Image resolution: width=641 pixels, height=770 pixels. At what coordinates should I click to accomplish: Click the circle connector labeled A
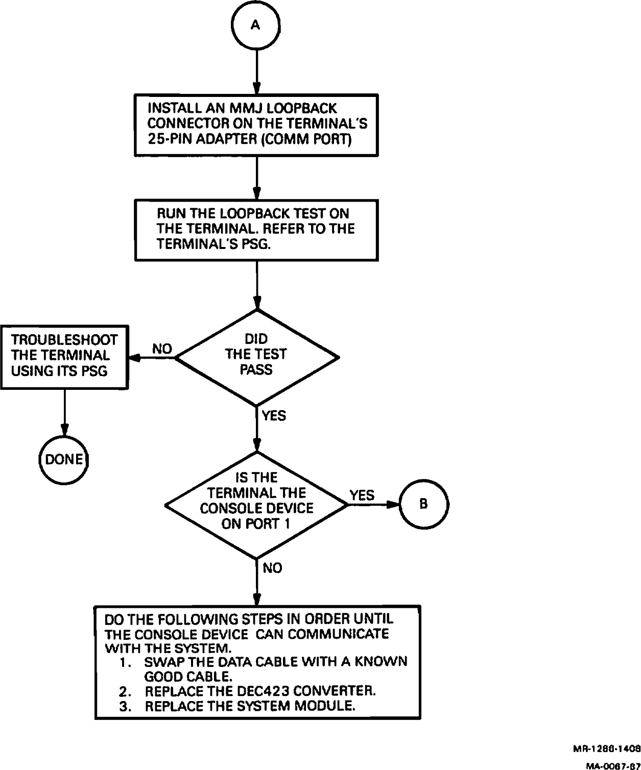tap(256, 26)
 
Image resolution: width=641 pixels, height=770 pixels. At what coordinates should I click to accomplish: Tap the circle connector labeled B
tap(423, 504)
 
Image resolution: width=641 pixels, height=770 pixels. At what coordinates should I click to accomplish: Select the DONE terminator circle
tap(64, 460)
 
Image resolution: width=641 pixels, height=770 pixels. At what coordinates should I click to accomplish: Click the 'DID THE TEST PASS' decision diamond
tap(256, 357)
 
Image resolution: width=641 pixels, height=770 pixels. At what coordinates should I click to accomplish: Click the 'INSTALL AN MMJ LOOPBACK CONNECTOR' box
tap(256, 125)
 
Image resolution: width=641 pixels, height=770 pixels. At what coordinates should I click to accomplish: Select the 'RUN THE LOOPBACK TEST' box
tap(256, 229)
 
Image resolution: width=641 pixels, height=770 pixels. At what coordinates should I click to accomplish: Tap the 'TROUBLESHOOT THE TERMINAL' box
tap(64, 356)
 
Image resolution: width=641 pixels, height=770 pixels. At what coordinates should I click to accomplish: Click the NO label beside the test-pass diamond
tap(162, 349)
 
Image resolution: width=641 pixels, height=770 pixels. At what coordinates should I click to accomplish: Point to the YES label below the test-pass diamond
tap(274, 416)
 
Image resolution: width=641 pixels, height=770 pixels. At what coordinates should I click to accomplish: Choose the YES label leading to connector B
tap(362, 495)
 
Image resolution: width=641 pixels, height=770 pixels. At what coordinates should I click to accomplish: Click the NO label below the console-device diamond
tap(272, 568)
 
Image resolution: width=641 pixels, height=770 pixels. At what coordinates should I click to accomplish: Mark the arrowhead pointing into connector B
tap(392, 504)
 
